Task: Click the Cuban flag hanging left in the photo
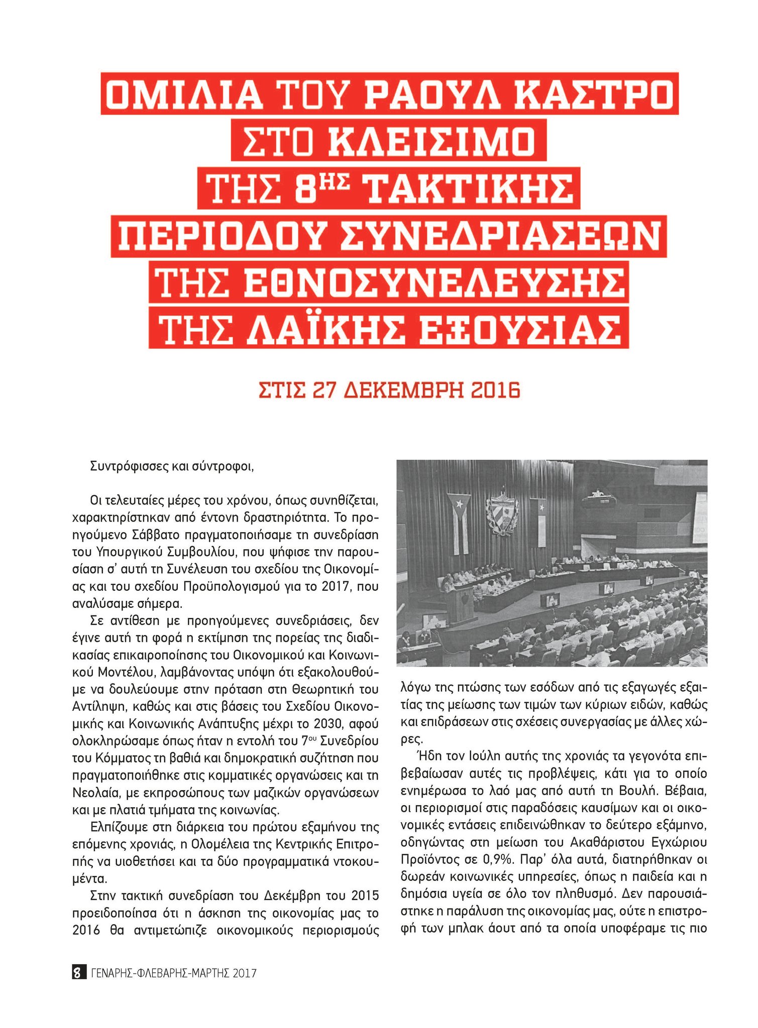pos(459,522)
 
